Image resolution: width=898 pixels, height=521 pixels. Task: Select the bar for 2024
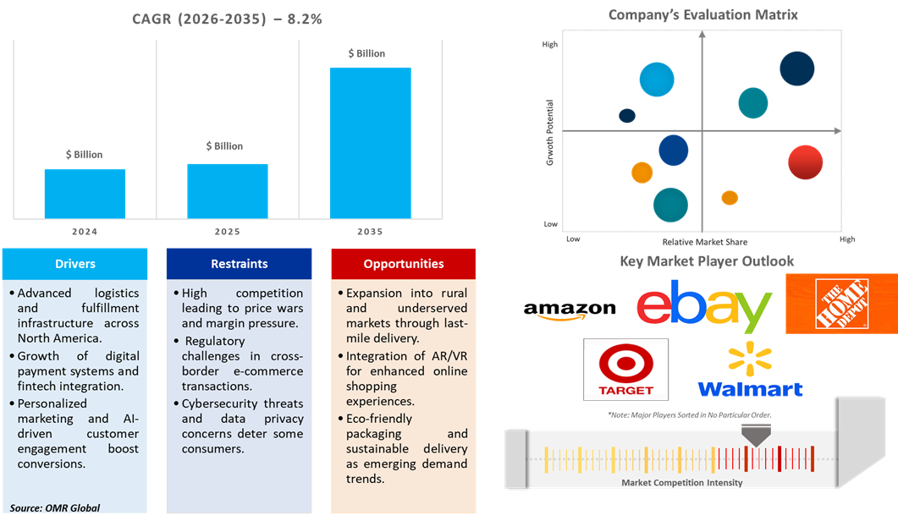tap(85, 195)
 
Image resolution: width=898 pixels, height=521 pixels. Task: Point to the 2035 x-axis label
tap(370, 232)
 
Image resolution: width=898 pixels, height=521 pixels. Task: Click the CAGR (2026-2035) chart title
tap(226, 19)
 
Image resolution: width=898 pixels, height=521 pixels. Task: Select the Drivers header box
tap(74, 264)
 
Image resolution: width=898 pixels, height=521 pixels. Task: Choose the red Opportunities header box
tap(404, 264)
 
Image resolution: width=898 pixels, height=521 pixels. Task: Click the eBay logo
tap(704, 306)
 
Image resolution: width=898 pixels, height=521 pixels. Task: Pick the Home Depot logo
tap(840, 304)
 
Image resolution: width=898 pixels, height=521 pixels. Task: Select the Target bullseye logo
tap(625, 370)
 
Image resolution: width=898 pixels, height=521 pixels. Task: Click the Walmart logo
tap(750, 369)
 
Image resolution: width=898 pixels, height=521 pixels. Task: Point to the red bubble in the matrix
tap(805, 162)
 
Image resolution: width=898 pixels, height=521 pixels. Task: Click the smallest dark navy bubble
tap(627, 116)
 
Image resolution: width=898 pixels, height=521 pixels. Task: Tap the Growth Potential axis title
tap(550, 132)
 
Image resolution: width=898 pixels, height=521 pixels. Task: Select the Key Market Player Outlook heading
tap(707, 261)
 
